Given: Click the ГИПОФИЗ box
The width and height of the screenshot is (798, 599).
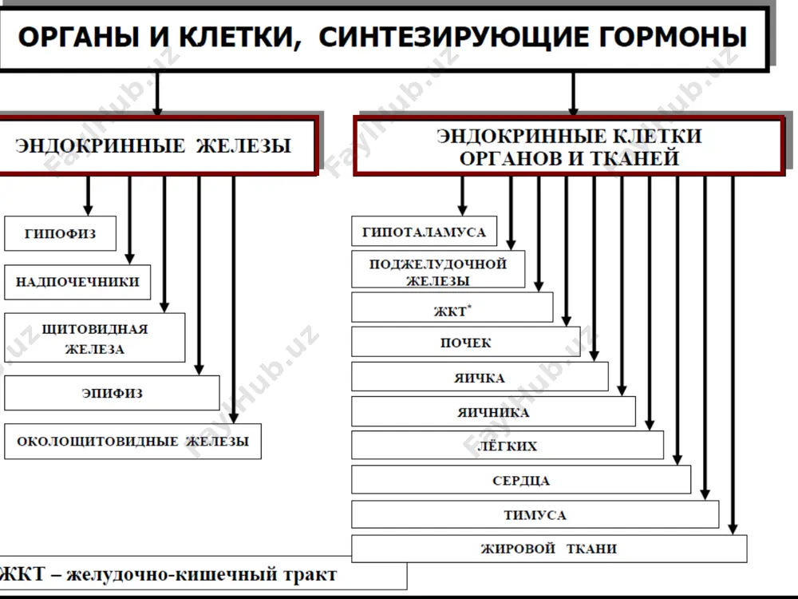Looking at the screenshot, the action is [x=60, y=233].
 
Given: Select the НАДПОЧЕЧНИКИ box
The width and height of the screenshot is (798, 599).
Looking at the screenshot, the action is [x=77, y=282].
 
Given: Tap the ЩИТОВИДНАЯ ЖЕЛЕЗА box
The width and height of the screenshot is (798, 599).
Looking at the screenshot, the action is [x=95, y=338].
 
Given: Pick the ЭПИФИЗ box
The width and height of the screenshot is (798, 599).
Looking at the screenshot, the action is [x=112, y=393].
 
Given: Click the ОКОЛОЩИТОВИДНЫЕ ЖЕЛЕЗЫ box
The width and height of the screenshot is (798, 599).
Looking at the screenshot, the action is [x=132, y=441].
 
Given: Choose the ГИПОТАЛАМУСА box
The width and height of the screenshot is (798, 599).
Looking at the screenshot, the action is [x=424, y=232].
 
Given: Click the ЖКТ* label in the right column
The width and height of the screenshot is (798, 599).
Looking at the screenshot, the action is [x=452, y=310].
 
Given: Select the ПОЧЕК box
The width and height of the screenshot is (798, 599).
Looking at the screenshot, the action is [x=466, y=342].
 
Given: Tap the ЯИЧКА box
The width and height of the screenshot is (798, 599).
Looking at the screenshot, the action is [x=480, y=377].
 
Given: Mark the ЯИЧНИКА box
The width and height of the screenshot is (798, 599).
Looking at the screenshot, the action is [x=493, y=411].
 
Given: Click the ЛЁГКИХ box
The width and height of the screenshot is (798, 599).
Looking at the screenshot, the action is [x=507, y=445].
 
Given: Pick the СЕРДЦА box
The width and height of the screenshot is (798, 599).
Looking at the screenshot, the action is [x=521, y=480].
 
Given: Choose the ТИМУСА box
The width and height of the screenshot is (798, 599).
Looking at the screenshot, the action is [x=535, y=514].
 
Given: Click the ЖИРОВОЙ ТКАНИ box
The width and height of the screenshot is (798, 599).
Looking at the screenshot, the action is [x=549, y=549].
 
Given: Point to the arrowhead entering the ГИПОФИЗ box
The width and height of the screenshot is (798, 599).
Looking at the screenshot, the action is [x=88, y=210].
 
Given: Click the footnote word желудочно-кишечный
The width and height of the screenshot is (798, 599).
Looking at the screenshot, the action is [x=172, y=574].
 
